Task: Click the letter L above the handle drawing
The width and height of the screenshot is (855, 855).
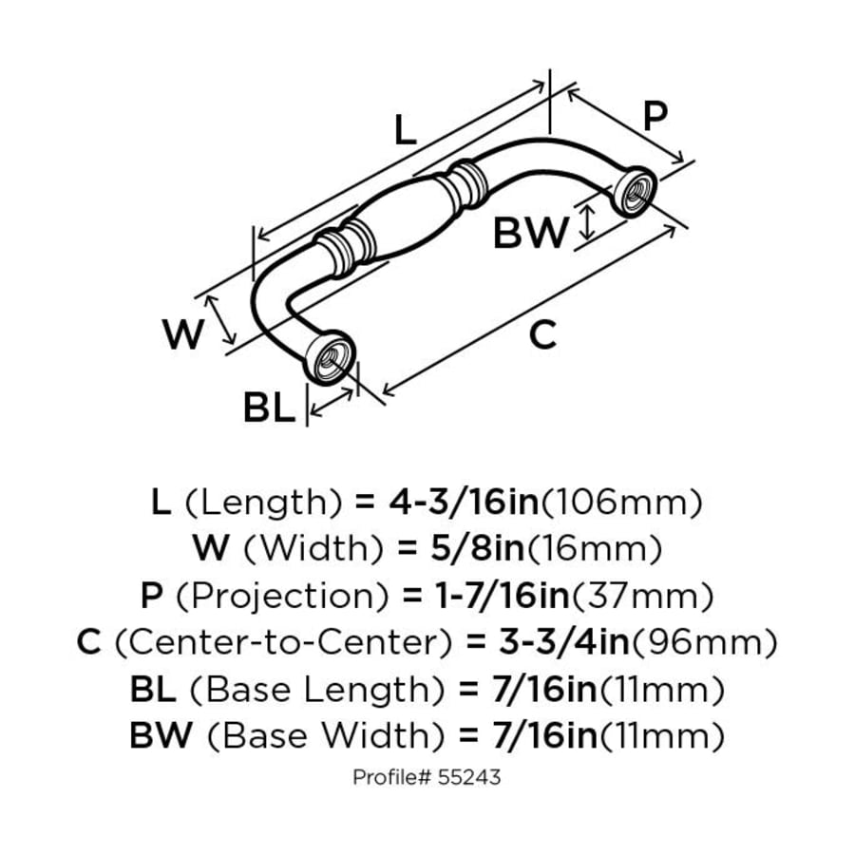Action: [405, 131]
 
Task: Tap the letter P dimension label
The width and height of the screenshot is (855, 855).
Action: [655, 116]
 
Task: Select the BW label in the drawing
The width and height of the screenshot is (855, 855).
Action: [530, 233]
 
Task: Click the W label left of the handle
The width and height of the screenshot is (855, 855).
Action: [183, 334]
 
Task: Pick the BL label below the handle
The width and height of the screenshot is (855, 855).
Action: [269, 408]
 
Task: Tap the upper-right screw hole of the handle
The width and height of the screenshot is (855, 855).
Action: [635, 192]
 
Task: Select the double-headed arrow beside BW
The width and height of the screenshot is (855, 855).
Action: [586, 222]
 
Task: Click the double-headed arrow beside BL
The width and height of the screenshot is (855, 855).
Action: [331, 403]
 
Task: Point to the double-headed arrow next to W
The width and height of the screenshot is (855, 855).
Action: [220, 320]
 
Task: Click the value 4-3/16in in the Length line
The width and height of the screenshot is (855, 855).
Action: [464, 502]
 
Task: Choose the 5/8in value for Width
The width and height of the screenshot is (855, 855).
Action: [477, 548]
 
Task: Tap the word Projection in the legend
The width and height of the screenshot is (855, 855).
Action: [282, 596]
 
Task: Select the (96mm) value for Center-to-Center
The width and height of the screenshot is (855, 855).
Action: [703, 642]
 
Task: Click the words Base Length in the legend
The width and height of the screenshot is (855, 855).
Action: [316, 690]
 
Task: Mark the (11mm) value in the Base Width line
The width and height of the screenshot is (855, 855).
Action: [662, 735]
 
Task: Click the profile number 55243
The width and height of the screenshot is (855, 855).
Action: [469, 777]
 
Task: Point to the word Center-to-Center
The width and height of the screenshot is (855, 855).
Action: [283, 642]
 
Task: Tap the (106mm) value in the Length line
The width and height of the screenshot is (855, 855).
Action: [620, 502]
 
